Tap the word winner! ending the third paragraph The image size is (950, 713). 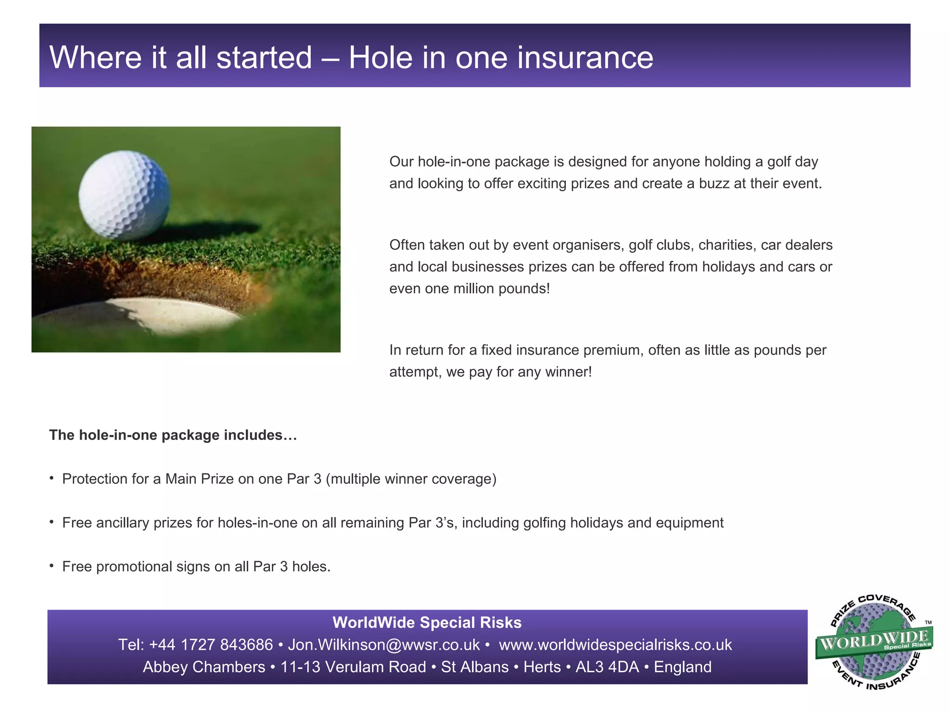tap(569, 372)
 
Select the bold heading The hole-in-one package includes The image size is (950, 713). tap(173, 435)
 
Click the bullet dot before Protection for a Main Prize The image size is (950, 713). tap(52, 478)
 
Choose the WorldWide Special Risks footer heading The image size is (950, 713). tap(427, 622)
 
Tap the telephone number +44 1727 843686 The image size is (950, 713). tap(211, 645)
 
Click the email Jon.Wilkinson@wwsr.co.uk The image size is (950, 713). tap(384, 645)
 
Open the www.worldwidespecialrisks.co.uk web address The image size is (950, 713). tap(615, 645)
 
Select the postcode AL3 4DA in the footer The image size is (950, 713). tap(607, 667)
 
